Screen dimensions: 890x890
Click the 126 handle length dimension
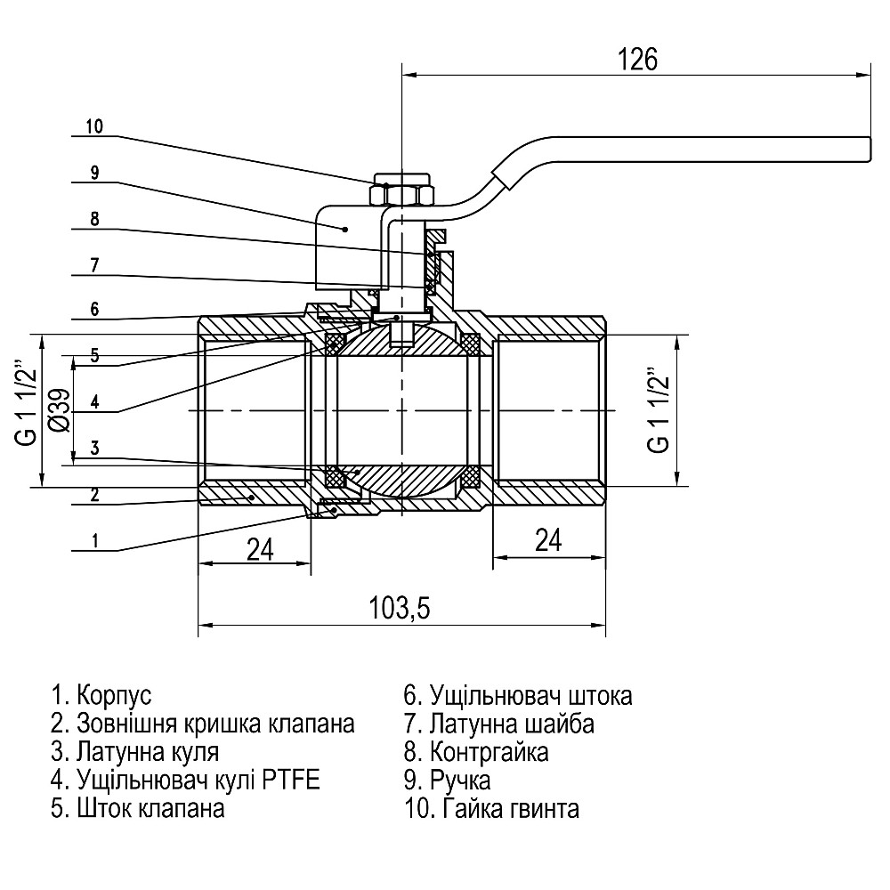637,60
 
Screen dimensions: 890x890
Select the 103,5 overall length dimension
400,608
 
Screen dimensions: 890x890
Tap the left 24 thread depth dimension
258,549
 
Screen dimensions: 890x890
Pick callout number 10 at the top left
94,126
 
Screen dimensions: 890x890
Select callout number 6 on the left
94,309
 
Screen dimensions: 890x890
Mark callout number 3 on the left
94,448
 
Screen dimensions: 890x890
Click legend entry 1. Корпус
102,695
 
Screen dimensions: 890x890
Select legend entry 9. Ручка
447,781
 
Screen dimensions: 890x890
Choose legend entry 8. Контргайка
476,752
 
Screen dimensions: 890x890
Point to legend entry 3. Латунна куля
135,752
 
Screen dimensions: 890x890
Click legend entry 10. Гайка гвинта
491,809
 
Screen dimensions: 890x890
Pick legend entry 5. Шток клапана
138,809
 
